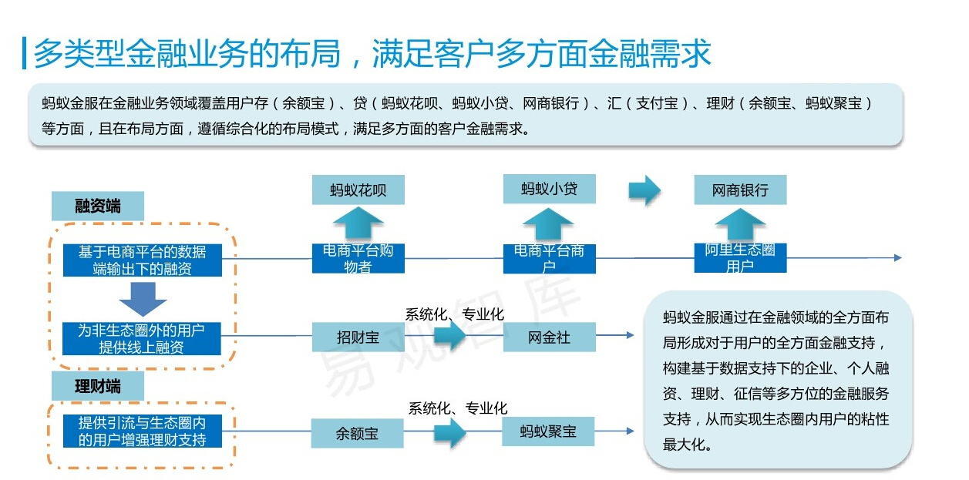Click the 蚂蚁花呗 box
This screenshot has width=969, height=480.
pos(358,190)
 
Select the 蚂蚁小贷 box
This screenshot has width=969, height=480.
pos(549,188)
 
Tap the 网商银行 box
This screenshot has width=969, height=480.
pos(740,190)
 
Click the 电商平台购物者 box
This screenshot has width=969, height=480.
pos(358,259)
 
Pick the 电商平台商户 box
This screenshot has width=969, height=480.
pos(549,259)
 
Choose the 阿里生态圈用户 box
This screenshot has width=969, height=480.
pos(740,258)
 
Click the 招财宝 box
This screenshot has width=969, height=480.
pos(358,337)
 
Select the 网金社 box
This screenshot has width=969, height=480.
pos(549,337)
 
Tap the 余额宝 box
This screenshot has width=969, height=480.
pos(358,433)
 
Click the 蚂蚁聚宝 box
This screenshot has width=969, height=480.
pos(549,431)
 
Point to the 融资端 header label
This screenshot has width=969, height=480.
pos(98,206)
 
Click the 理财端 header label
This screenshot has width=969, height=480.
pos(98,386)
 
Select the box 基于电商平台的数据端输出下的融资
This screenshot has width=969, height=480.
pos(142,260)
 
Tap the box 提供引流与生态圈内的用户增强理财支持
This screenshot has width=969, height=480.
pos(142,431)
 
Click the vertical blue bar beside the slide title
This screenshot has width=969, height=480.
pos(25,53)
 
